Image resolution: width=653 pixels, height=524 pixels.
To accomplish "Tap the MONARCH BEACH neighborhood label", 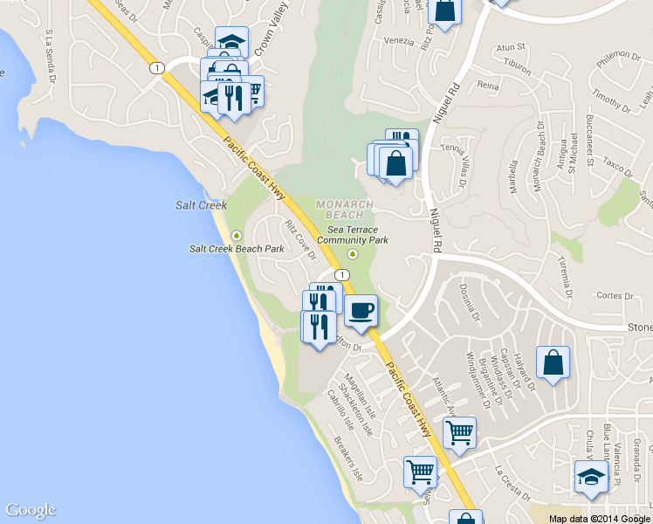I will (344, 209).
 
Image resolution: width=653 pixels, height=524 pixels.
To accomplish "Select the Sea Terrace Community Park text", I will (352, 234).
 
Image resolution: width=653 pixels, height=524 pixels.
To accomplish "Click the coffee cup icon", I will (361, 309).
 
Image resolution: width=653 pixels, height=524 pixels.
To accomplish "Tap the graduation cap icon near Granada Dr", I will (591, 478).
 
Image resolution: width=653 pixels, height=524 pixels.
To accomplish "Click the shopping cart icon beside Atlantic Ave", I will (459, 431).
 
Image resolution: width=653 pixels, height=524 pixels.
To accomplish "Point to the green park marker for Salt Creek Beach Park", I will (236, 234).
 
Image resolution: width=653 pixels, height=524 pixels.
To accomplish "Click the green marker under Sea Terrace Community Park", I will (353, 254).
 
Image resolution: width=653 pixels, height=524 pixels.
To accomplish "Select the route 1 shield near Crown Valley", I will (155, 67).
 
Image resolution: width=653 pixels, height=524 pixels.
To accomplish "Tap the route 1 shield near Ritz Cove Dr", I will (342, 274).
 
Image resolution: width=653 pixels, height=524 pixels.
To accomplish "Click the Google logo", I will (31, 510).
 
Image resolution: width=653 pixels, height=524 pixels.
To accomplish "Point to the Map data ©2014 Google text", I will (599, 519).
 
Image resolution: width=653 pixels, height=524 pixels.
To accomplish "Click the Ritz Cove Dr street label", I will (299, 240).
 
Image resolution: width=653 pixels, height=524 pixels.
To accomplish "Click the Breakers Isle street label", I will (347, 455).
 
